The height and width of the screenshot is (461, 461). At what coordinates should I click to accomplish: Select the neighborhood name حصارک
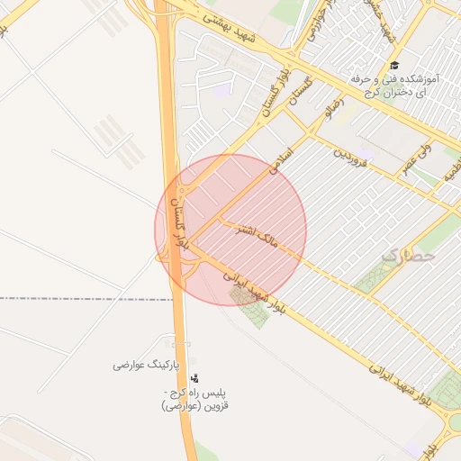point(407,257)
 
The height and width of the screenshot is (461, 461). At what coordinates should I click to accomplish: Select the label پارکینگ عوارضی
point(147,365)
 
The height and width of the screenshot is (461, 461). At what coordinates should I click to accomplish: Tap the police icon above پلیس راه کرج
point(194,379)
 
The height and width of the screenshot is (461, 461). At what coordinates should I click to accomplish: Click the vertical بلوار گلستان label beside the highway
point(181,225)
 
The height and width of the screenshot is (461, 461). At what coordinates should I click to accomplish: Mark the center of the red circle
point(230,230)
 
